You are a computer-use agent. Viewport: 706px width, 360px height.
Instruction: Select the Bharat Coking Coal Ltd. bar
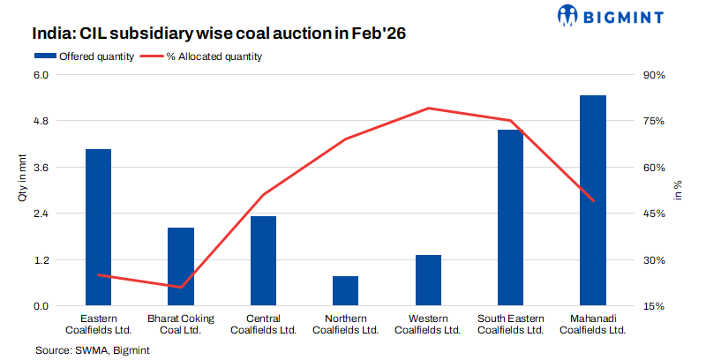pos(181,266)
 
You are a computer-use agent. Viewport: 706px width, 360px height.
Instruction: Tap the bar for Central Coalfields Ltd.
pos(263,261)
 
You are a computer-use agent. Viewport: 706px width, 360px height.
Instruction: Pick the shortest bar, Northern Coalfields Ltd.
pos(346,291)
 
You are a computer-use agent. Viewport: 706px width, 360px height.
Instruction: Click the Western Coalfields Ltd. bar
pos(428,281)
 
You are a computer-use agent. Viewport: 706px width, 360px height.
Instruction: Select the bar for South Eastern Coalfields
pos(510,218)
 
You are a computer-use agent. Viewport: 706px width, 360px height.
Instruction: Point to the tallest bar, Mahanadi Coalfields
pos(593,200)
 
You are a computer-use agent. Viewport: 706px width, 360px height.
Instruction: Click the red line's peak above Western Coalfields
pos(428,109)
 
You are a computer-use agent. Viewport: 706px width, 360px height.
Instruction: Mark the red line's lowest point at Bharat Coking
pos(181,287)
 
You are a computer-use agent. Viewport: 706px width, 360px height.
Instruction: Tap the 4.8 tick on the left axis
pos(41,121)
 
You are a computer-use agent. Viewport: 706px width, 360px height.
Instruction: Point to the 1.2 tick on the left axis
pos(41,260)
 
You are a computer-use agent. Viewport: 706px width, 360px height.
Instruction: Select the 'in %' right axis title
pos(678,191)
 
